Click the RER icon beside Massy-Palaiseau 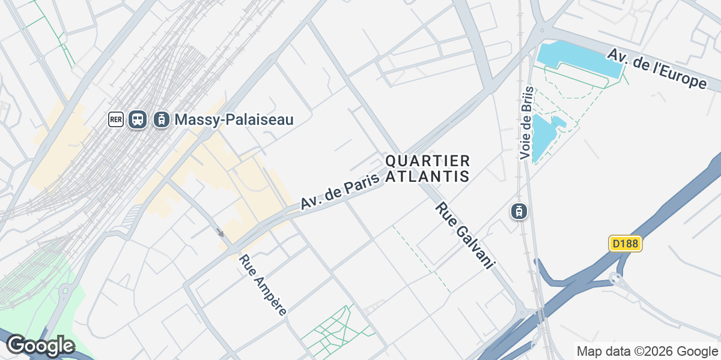tap(116, 119)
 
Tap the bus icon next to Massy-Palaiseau tap(138, 119)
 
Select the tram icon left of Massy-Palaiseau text tap(161, 119)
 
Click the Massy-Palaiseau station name tap(234, 119)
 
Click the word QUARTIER tap(427, 161)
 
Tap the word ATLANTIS tap(427, 176)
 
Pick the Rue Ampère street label tap(263, 285)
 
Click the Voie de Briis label tap(526, 123)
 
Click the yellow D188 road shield tap(625, 244)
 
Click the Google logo tap(40, 346)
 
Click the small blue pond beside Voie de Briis tap(544, 137)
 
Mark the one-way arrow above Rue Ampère tap(221, 232)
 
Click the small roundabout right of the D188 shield tap(615, 278)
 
